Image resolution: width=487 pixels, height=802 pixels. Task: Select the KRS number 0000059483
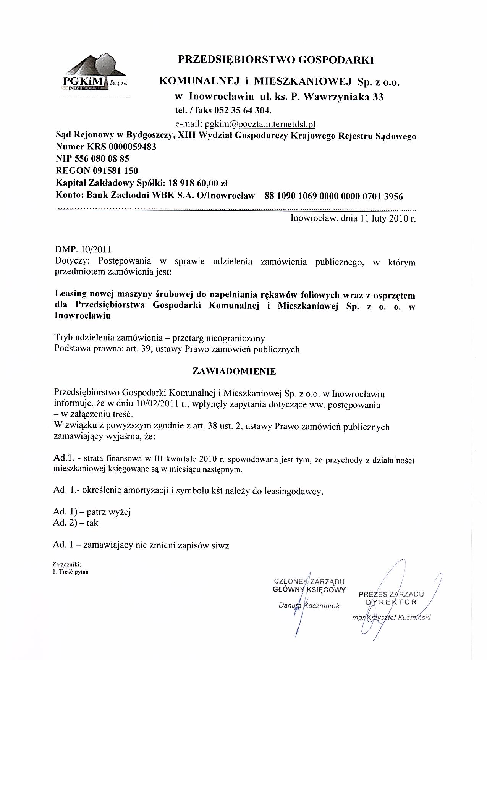133,147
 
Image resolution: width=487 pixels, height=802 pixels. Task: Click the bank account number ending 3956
333,196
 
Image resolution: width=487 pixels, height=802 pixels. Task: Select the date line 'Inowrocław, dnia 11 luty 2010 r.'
353,219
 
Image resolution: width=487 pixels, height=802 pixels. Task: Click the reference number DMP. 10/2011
84,250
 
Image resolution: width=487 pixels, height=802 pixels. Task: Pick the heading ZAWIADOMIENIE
235,372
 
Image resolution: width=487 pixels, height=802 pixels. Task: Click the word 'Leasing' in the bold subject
70,295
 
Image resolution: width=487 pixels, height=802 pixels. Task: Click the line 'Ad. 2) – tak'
76,523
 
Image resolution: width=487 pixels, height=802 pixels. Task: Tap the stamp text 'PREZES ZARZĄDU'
391,594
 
